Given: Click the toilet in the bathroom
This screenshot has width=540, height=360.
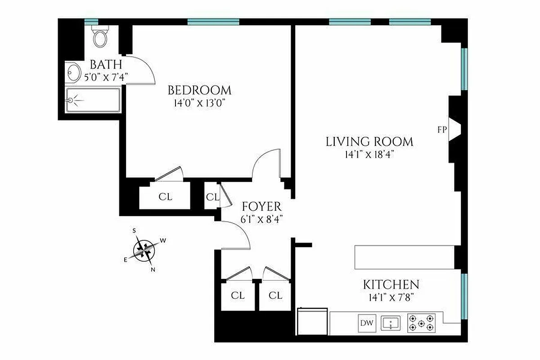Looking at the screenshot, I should [x=100, y=36].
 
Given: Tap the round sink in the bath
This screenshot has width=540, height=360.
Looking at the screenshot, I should [x=73, y=72].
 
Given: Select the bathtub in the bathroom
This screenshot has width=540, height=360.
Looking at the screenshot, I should [x=93, y=100].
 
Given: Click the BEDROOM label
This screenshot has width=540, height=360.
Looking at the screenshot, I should [x=199, y=90].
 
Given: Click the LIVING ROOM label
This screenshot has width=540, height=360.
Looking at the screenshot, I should [x=369, y=142].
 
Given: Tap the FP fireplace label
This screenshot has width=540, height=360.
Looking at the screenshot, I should [x=442, y=130].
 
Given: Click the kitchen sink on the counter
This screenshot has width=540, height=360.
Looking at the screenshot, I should [x=391, y=323].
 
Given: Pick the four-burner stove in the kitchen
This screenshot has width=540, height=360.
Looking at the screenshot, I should [x=422, y=323].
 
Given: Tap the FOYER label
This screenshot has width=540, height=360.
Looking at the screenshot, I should [x=261, y=207].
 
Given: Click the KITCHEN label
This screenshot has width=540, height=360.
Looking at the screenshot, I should [x=391, y=284].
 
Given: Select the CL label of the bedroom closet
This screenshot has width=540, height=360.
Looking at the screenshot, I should [x=165, y=197].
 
